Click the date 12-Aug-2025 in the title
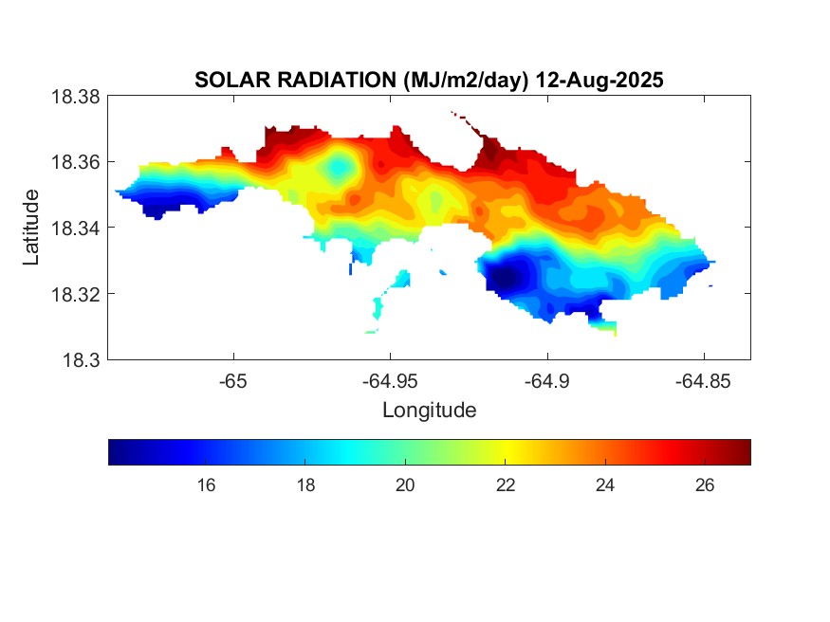[599, 81]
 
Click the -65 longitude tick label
[233, 381]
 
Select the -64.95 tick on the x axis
[390, 381]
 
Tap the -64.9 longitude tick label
[546, 381]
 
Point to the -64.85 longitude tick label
[703, 381]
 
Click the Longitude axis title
[429, 411]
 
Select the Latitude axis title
[32, 228]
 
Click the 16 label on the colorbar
[206, 485]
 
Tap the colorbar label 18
[305, 485]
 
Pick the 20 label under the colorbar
[405, 485]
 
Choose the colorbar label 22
[506, 485]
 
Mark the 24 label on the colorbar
[605, 485]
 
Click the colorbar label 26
[705, 485]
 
